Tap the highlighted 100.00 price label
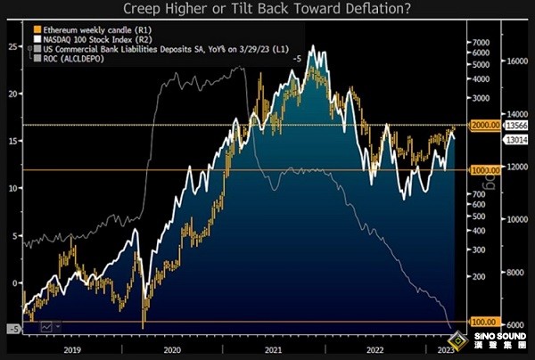(482, 322)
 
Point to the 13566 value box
(516, 126)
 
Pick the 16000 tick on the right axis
(516, 61)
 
